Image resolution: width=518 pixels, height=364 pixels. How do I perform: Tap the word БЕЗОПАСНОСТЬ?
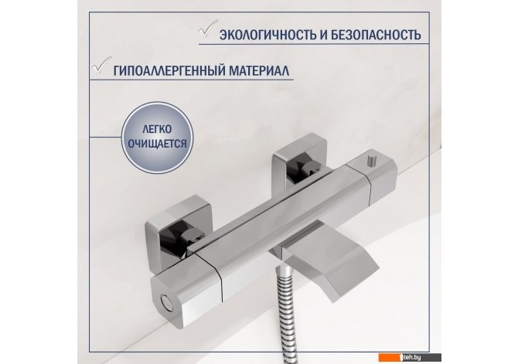(x=377, y=35)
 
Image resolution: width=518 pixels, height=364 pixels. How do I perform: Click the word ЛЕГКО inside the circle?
(x=157, y=129)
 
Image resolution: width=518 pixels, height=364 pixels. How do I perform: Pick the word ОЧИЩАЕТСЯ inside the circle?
(x=157, y=144)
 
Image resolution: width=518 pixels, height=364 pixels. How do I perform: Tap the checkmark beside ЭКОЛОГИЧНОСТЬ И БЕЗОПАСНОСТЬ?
(x=208, y=29)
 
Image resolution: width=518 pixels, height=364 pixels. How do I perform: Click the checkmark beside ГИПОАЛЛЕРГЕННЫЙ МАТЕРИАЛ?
(x=102, y=65)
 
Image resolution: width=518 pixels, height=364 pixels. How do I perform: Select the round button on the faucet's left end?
(x=166, y=303)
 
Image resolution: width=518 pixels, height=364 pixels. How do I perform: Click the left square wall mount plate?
(x=179, y=229)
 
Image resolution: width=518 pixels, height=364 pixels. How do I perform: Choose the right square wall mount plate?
(x=300, y=157)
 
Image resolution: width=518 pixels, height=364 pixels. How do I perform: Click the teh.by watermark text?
(x=411, y=357)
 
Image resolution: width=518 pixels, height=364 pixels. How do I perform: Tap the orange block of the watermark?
(x=389, y=357)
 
